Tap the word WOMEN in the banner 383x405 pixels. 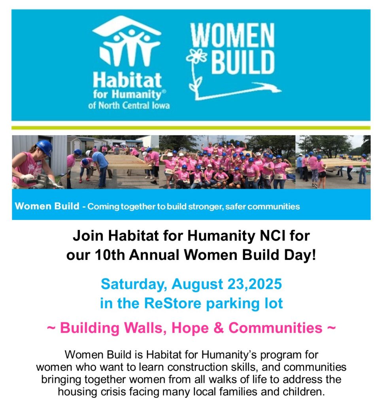click(x=232, y=35)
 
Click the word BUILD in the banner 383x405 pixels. click(x=243, y=62)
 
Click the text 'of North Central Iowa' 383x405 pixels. click(x=129, y=106)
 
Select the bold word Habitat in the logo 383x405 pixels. click(x=127, y=80)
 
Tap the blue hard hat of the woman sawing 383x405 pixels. click(x=45, y=147)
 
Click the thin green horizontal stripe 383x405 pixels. click(x=191, y=128)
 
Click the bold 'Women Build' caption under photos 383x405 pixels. click(x=47, y=206)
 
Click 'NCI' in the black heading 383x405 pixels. click(x=271, y=236)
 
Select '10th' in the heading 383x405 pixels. click(x=110, y=255)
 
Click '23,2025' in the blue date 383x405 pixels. click(x=255, y=284)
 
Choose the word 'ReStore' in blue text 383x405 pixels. click(x=173, y=303)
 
